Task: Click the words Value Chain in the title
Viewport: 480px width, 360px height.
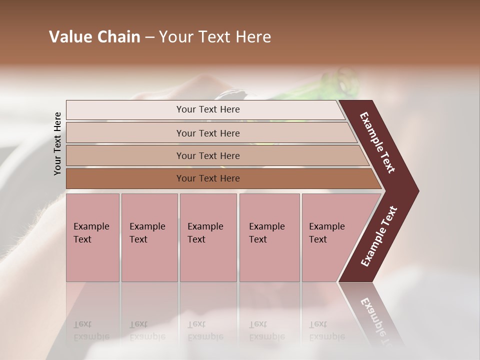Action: click(x=94, y=37)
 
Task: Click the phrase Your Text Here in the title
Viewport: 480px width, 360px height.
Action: click(x=215, y=37)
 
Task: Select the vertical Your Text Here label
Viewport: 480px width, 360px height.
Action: click(x=57, y=143)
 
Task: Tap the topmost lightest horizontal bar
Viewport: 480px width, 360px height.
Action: click(x=205, y=109)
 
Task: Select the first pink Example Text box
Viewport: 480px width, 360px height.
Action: click(x=92, y=237)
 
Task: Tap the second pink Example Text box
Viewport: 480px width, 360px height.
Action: click(x=149, y=237)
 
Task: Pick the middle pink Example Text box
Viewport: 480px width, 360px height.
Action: click(x=208, y=237)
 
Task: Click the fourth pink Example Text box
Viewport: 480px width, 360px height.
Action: click(x=269, y=237)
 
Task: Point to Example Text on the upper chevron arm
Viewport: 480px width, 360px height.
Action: click(x=378, y=142)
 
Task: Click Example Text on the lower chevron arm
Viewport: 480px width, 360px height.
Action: click(x=379, y=236)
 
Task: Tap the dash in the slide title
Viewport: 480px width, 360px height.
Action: click(x=149, y=37)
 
